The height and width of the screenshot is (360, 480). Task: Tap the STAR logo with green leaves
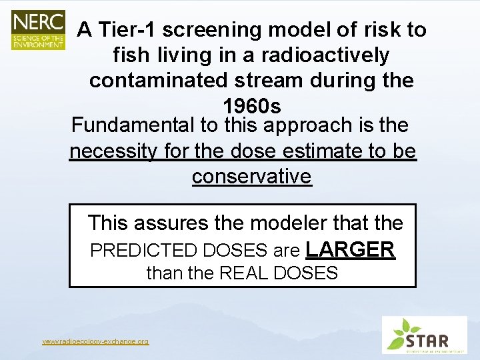point(424,335)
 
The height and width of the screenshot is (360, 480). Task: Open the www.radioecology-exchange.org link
point(95,341)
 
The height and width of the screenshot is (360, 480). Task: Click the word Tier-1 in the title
point(127,30)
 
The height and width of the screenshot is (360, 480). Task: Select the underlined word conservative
point(251,177)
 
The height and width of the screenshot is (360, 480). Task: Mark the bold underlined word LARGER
point(350,249)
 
